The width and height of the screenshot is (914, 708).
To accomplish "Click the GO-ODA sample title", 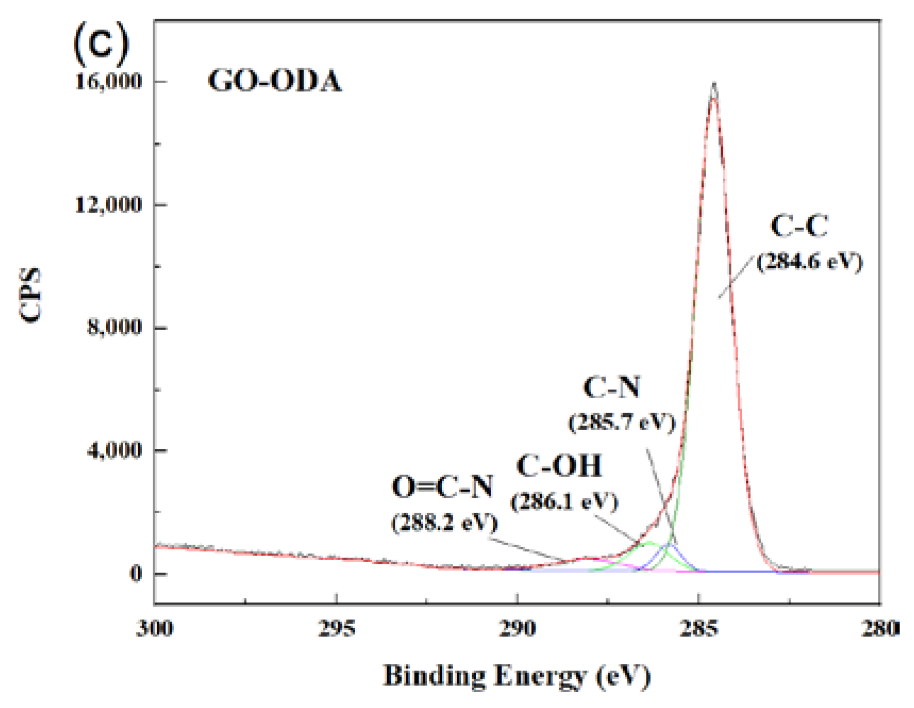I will (274, 81).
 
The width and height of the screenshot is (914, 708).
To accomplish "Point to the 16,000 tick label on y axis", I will (109, 81).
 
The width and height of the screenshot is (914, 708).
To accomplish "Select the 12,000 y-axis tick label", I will (109, 204).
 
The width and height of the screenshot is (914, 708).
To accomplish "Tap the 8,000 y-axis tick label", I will (115, 327).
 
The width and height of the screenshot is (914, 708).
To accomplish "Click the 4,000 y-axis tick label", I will (115, 450).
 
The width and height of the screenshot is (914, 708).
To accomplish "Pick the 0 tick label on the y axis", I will (136, 573).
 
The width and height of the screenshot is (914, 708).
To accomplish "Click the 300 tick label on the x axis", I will (154, 629).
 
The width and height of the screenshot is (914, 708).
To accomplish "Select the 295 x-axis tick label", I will (336, 629).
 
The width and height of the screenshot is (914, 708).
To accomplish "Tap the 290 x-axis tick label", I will (517, 629).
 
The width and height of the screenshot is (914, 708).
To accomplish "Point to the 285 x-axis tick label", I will (699, 629).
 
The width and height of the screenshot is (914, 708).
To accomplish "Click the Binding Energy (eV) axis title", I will (517, 676).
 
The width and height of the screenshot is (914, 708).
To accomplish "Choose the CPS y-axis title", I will (30, 294).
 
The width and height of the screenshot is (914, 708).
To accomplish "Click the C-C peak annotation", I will (799, 226).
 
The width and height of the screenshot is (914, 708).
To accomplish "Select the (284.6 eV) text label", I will (809, 262).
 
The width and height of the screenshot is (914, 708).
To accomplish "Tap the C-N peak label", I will (611, 387).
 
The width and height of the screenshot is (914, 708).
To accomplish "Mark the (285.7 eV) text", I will (622, 423).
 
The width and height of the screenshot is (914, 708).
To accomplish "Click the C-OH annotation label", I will (559, 466).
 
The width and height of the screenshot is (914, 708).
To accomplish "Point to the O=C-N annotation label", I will (442, 487).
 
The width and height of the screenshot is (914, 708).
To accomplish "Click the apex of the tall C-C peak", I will (714, 84).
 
